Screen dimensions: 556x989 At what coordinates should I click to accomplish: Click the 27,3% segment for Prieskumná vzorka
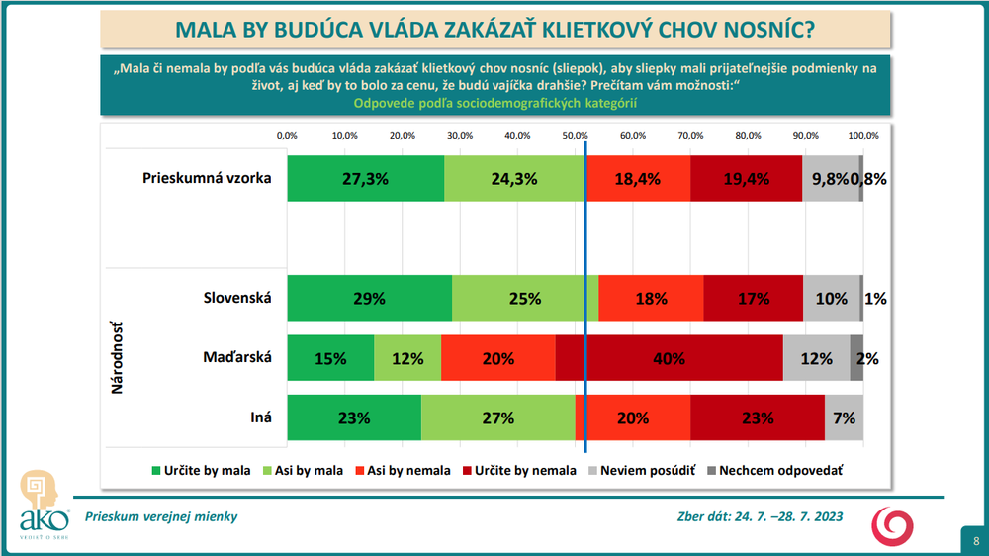[x=365, y=179]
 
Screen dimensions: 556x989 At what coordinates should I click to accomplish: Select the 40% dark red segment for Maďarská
[x=670, y=358]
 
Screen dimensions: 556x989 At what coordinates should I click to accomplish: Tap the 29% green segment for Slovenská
[x=369, y=298]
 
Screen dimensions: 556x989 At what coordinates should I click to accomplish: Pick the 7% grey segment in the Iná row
[x=844, y=417]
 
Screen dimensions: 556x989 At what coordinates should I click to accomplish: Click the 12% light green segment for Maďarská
[x=407, y=358]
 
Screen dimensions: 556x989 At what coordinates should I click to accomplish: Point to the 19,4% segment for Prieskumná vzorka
[x=746, y=179]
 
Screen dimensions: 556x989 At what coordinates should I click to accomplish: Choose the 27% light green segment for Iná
[x=497, y=417]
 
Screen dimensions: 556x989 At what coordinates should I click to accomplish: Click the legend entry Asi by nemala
[x=407, y=471]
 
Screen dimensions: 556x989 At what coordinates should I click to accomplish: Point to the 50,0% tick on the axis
[x=575, y=135]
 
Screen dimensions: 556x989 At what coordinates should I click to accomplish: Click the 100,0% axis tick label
[x=863, y=135]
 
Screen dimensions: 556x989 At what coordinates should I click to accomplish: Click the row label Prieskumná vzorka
[x=207, y=179]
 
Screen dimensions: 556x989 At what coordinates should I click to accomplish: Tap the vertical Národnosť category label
[x=116, y=357]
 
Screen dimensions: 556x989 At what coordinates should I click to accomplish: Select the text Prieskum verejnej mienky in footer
[x=161, y=516]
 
